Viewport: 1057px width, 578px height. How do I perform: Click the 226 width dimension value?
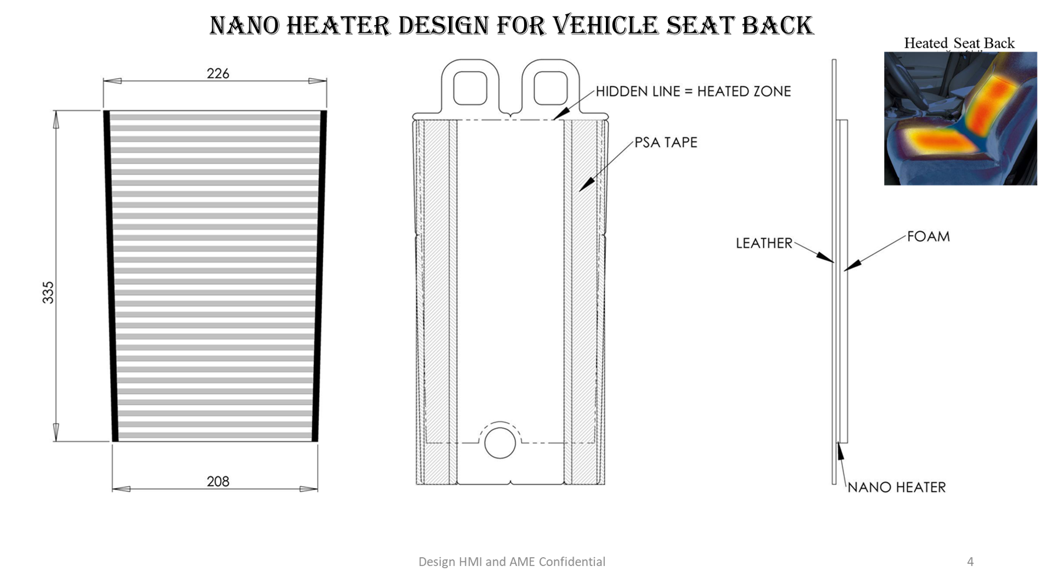[x=218, y=74]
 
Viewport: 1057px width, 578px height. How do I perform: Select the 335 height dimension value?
[x=48, y=292]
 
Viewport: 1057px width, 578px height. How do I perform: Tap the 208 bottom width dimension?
[x=218, y=481]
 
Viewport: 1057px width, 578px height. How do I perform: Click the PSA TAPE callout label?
[x=666, y=143]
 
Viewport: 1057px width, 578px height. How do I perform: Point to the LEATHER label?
[x=764, y=243]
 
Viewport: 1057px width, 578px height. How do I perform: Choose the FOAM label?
[x=928, y=237]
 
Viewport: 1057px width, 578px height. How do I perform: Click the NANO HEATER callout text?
[x=897, y=487]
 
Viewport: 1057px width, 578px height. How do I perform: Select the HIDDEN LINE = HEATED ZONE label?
[x=693, y=91]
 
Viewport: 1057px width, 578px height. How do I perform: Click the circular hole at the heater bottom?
[x=500, y=442]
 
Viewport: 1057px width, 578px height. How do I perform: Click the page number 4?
[x=970, y=562]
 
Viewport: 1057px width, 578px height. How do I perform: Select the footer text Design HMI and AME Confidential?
[x=511, y=562]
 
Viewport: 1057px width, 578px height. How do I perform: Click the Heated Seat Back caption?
[x=959, y=43]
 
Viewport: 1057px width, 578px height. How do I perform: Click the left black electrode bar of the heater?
[x=111, y=276]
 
